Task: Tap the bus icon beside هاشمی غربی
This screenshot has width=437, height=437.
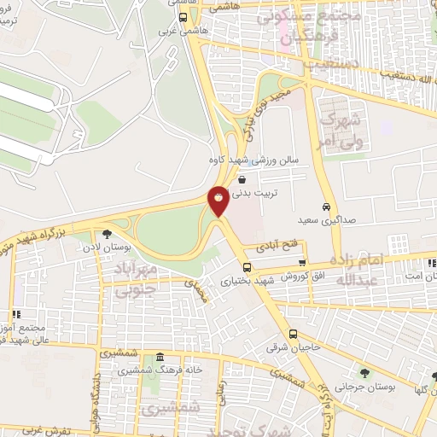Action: coord(183,16)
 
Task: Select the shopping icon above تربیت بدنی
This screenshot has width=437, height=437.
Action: coord(243,180)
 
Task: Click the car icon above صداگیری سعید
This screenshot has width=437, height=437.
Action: coord(326,207)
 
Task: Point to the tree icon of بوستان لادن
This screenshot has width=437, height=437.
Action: coord(106,234)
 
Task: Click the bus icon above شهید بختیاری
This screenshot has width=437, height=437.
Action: coord(247,267)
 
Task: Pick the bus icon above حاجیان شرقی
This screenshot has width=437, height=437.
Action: coord(292,334)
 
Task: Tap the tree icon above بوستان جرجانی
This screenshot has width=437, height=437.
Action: coord(364,373)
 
